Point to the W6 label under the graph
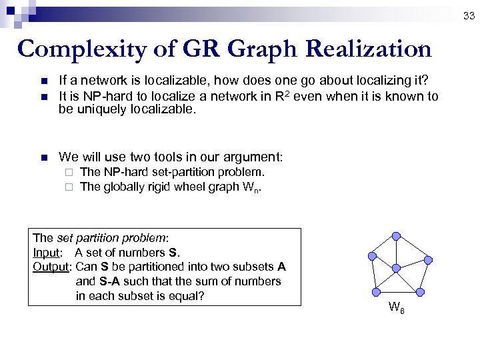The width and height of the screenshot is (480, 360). pyautogui.click(x=396, y=308)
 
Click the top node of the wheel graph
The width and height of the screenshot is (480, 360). pyautogui.click(x=396, y=236)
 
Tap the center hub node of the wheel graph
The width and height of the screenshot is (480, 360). pyautogui.click(x=395, y=268)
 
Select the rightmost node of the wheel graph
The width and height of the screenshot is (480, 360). pyautogui.click(x=429, y=259)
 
